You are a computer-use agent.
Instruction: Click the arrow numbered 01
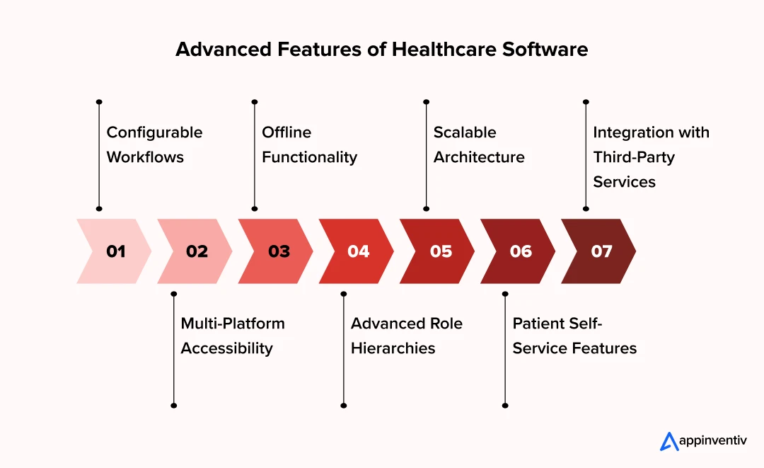click(115, 251)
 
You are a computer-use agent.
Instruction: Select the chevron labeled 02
click(196, 251)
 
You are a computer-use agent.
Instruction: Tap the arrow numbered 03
click(277, 251)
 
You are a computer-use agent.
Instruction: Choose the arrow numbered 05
click(439, 251)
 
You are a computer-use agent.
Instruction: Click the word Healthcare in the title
click(444, 50)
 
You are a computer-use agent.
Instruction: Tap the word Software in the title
click(545, 50)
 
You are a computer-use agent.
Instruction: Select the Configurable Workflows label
click(154, 144)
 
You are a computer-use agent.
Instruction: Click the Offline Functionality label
click(309, 144)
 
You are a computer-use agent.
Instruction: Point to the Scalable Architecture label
click(479, 144)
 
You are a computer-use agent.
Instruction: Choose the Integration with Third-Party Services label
click(651, 157)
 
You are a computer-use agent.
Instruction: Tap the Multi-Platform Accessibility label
click(233, 336)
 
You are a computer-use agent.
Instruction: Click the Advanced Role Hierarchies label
click(406, 336)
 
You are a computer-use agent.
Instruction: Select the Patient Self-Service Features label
click(574, 336)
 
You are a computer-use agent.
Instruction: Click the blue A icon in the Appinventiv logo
click(669, 441)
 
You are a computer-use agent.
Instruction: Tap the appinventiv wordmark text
click(713, 441)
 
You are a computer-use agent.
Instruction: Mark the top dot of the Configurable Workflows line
click(99, 102)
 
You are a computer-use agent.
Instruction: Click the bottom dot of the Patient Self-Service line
click(505, 406)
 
